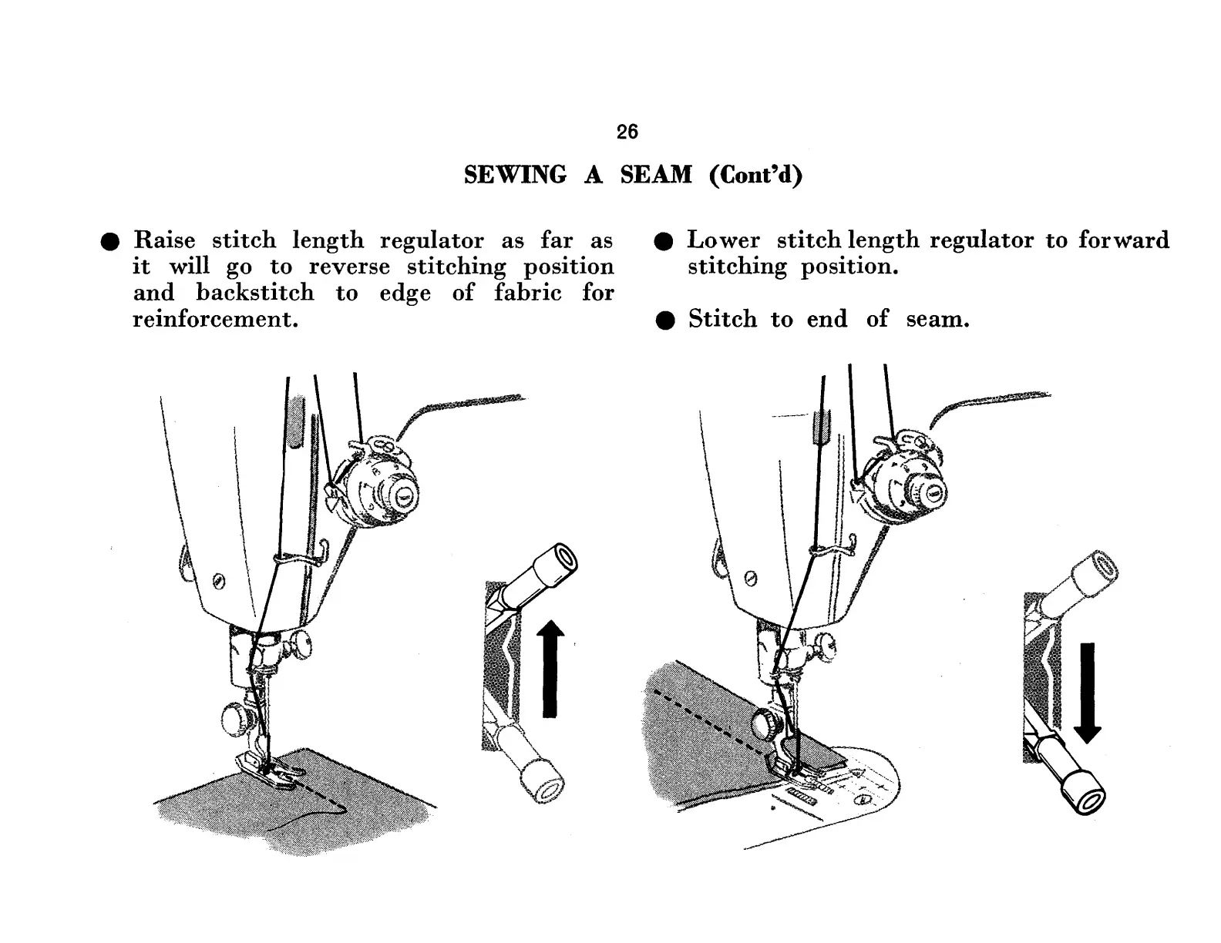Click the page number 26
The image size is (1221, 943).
[627, 132]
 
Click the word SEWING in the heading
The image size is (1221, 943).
[514, 176]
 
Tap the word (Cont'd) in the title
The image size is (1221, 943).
[755, 176]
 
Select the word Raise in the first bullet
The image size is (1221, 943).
[164, 240]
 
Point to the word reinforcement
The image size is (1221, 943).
[215, 319]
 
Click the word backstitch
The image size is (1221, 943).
[255, 293]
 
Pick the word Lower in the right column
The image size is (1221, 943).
[723, 240]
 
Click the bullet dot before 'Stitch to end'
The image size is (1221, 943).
[666, 320]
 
